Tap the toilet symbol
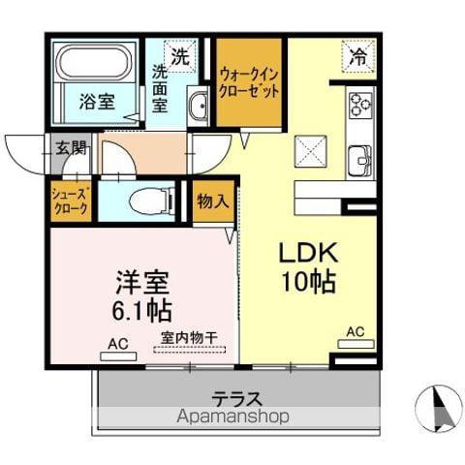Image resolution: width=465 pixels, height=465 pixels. pos(152,202)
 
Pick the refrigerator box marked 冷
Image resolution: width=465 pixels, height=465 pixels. pos(358,56)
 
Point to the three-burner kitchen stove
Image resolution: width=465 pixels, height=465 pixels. pos(361,104)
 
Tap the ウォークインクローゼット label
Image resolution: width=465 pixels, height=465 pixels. pos(249,83)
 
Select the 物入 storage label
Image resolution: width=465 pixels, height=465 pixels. pos(213,201)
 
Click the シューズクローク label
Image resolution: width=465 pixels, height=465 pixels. pos(70,201)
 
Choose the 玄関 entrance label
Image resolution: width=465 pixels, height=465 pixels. pos(71,148)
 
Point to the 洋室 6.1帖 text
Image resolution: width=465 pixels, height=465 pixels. pos(142,295)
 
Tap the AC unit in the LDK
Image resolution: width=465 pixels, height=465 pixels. pos(356,344)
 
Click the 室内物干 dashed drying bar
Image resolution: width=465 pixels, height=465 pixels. pos(190,349)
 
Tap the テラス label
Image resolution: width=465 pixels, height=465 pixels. pos(236,398)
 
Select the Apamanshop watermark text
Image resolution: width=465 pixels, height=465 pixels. pos(232,417)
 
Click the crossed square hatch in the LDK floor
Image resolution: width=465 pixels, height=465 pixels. pos(310,151)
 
